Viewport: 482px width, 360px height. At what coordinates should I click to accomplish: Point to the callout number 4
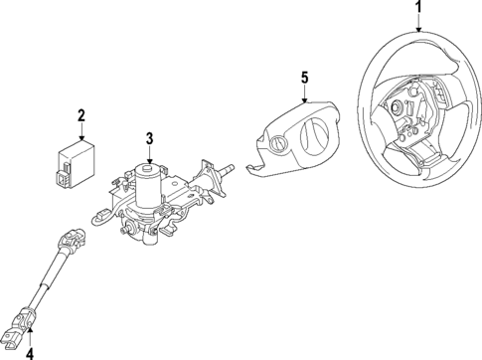(29, 350)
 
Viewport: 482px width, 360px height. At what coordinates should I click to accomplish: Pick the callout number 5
(306, 75)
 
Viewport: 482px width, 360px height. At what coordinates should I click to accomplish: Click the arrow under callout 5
(306, 91)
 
